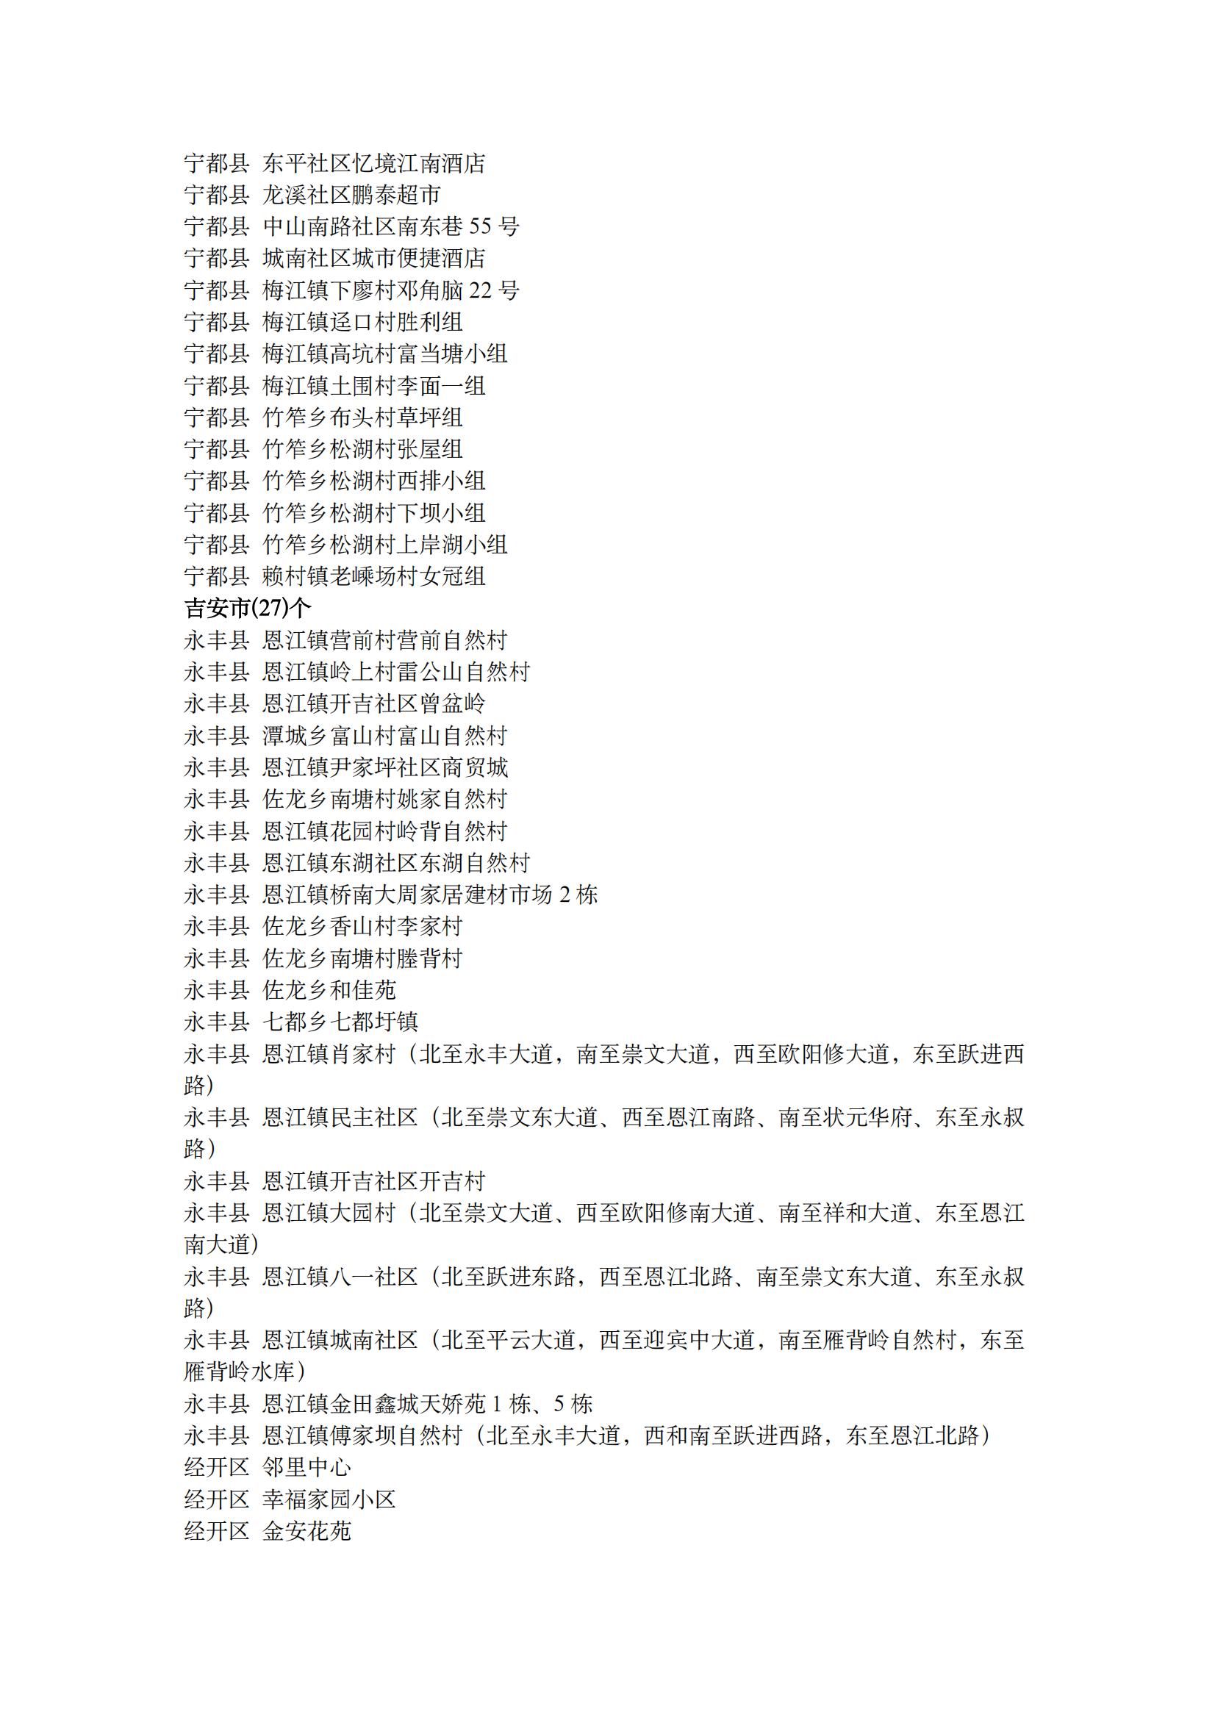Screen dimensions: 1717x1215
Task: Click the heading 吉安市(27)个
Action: click(x=247, y=609)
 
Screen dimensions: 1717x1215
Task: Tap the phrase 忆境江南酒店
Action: click(x=419, y=163)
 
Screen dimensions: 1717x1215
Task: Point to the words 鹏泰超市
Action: click(x=395, y=196)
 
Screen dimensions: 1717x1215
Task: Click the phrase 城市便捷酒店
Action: click(x=419, y=259)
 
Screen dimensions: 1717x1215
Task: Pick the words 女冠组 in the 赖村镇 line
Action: click(x=453, y=576)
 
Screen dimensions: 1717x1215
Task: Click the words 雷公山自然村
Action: click(x=463, y=672)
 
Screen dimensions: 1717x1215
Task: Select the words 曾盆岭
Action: click(x=453, y=704)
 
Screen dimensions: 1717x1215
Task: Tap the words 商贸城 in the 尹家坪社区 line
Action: click(x=474, y=767)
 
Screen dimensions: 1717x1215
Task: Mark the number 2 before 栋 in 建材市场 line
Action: click(x=564, y=895)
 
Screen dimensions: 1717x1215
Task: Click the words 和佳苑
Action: click(x=362, y=991)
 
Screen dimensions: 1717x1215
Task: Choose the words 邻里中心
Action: click(x=307, y=1468)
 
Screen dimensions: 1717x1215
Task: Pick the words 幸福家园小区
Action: click(x=329, y=1499)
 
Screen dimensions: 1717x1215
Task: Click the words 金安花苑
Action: click(x=307, y=1532)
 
